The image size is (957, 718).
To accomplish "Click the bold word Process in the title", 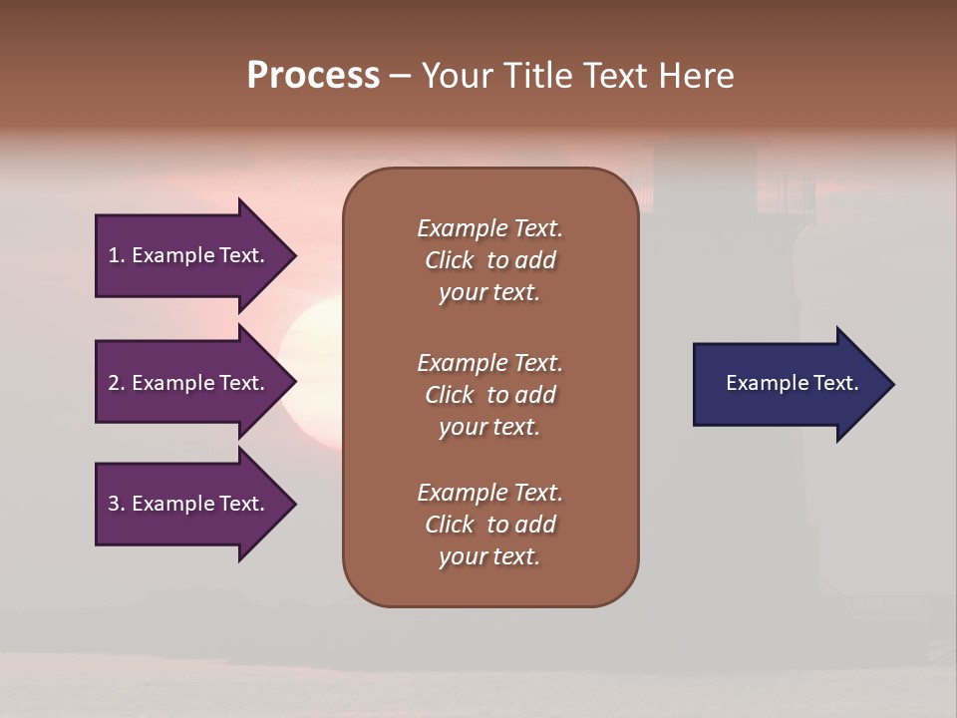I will (313, 76).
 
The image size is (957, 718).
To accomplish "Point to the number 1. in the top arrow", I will (117, 255).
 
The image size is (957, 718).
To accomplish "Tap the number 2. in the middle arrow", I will (117, 383).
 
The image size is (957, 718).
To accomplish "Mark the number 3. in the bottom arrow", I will (117, 504).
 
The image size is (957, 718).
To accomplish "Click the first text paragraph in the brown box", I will (489, 260).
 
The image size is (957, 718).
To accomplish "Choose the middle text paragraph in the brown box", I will (489, 395).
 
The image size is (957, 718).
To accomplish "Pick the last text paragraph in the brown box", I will (489, 525).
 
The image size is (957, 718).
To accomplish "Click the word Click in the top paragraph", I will (450, 260).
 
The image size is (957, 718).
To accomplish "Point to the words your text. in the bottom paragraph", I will (489, 556).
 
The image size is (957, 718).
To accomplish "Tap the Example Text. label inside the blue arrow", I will (792, 383).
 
